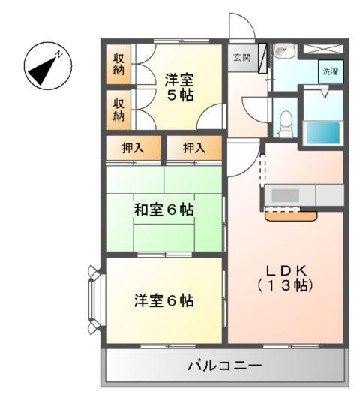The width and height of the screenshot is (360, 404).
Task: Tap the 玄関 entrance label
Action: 240,57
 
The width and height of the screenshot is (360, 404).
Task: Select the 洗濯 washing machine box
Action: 330,71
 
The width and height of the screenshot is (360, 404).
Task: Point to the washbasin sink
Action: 283,52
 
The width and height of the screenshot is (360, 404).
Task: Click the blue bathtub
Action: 323,132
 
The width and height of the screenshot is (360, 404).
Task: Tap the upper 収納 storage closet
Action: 118,65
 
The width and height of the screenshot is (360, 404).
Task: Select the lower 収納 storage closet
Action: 118,109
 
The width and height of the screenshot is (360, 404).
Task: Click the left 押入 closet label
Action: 133,148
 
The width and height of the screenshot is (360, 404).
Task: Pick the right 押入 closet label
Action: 193,148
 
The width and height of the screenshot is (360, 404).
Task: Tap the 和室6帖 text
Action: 164,210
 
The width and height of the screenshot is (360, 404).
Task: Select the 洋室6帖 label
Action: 164,300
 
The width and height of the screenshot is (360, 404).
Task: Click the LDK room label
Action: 285,270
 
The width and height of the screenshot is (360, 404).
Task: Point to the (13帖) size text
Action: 285,286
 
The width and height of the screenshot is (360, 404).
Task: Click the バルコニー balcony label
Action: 225,366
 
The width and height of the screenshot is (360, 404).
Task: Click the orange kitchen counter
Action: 291,216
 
